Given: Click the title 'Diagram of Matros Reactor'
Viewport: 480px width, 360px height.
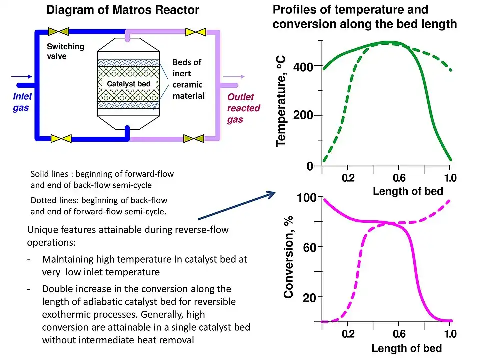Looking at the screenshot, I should tap(123, 10).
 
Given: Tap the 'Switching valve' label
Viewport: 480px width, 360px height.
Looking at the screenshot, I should tap(65, 51).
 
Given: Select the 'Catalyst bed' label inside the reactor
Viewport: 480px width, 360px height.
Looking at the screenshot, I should tap(129, 84).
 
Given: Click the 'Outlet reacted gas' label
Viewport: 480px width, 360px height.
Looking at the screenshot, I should tap(243, 108).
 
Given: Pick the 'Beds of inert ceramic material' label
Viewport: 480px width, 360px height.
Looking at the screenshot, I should tap(188, 79).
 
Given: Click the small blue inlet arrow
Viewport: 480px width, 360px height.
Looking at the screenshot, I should tap(22, 77).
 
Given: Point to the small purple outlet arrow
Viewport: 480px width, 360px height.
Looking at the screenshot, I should tap(234, 77).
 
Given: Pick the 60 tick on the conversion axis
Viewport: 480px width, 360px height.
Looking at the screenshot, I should tap(309, 247).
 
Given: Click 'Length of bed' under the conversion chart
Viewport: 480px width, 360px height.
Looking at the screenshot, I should tap(406, 348).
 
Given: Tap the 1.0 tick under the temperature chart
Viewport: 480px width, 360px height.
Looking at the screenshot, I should tap(450, 178).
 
